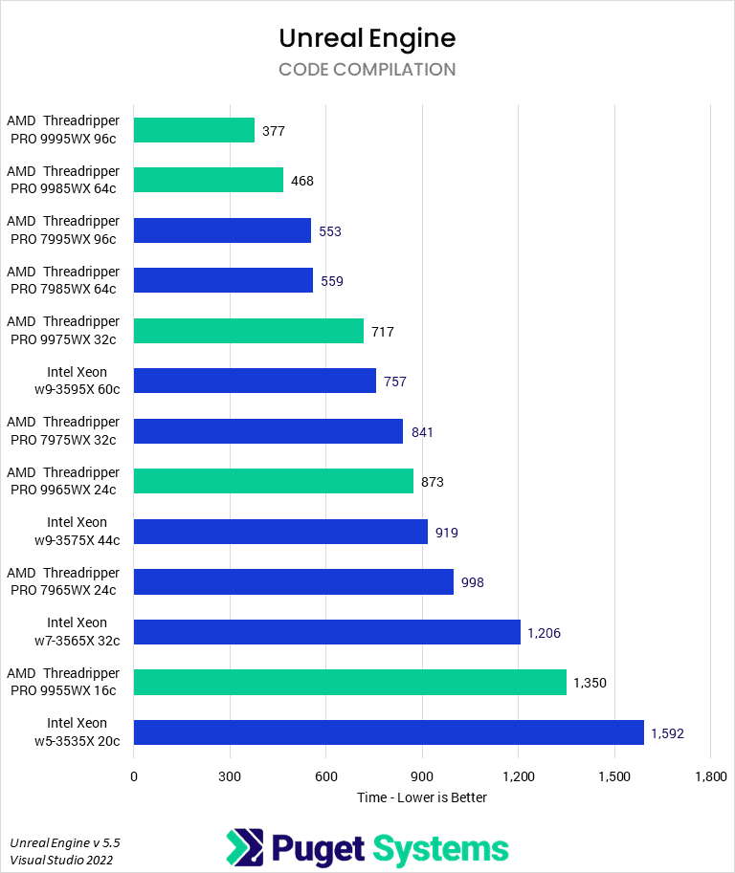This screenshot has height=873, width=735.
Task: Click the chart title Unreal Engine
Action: point(367,37)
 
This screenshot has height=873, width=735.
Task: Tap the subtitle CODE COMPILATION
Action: point(367,70)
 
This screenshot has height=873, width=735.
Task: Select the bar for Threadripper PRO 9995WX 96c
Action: point(194,130)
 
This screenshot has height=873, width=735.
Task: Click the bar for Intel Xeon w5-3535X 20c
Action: point(389,732)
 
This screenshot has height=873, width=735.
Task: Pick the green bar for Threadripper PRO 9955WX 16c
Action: point(350,683)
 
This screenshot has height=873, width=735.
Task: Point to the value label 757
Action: point(395,382)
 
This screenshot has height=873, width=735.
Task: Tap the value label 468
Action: point(302,181)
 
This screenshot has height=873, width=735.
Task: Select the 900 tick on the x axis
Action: point(422,775)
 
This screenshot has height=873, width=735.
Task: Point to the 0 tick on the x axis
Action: point(134,775)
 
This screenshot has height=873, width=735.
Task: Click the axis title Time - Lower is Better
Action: point(422,797)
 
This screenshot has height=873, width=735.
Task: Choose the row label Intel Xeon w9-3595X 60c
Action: point(77,381)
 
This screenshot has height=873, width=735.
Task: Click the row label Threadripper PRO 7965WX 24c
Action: point(63,581)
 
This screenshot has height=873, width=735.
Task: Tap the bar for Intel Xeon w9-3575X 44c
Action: point(280,532)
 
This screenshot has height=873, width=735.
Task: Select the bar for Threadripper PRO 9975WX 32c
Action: point(249,331)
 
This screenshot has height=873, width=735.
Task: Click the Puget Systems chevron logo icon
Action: point(244,848)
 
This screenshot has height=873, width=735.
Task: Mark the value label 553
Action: point(330,231)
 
